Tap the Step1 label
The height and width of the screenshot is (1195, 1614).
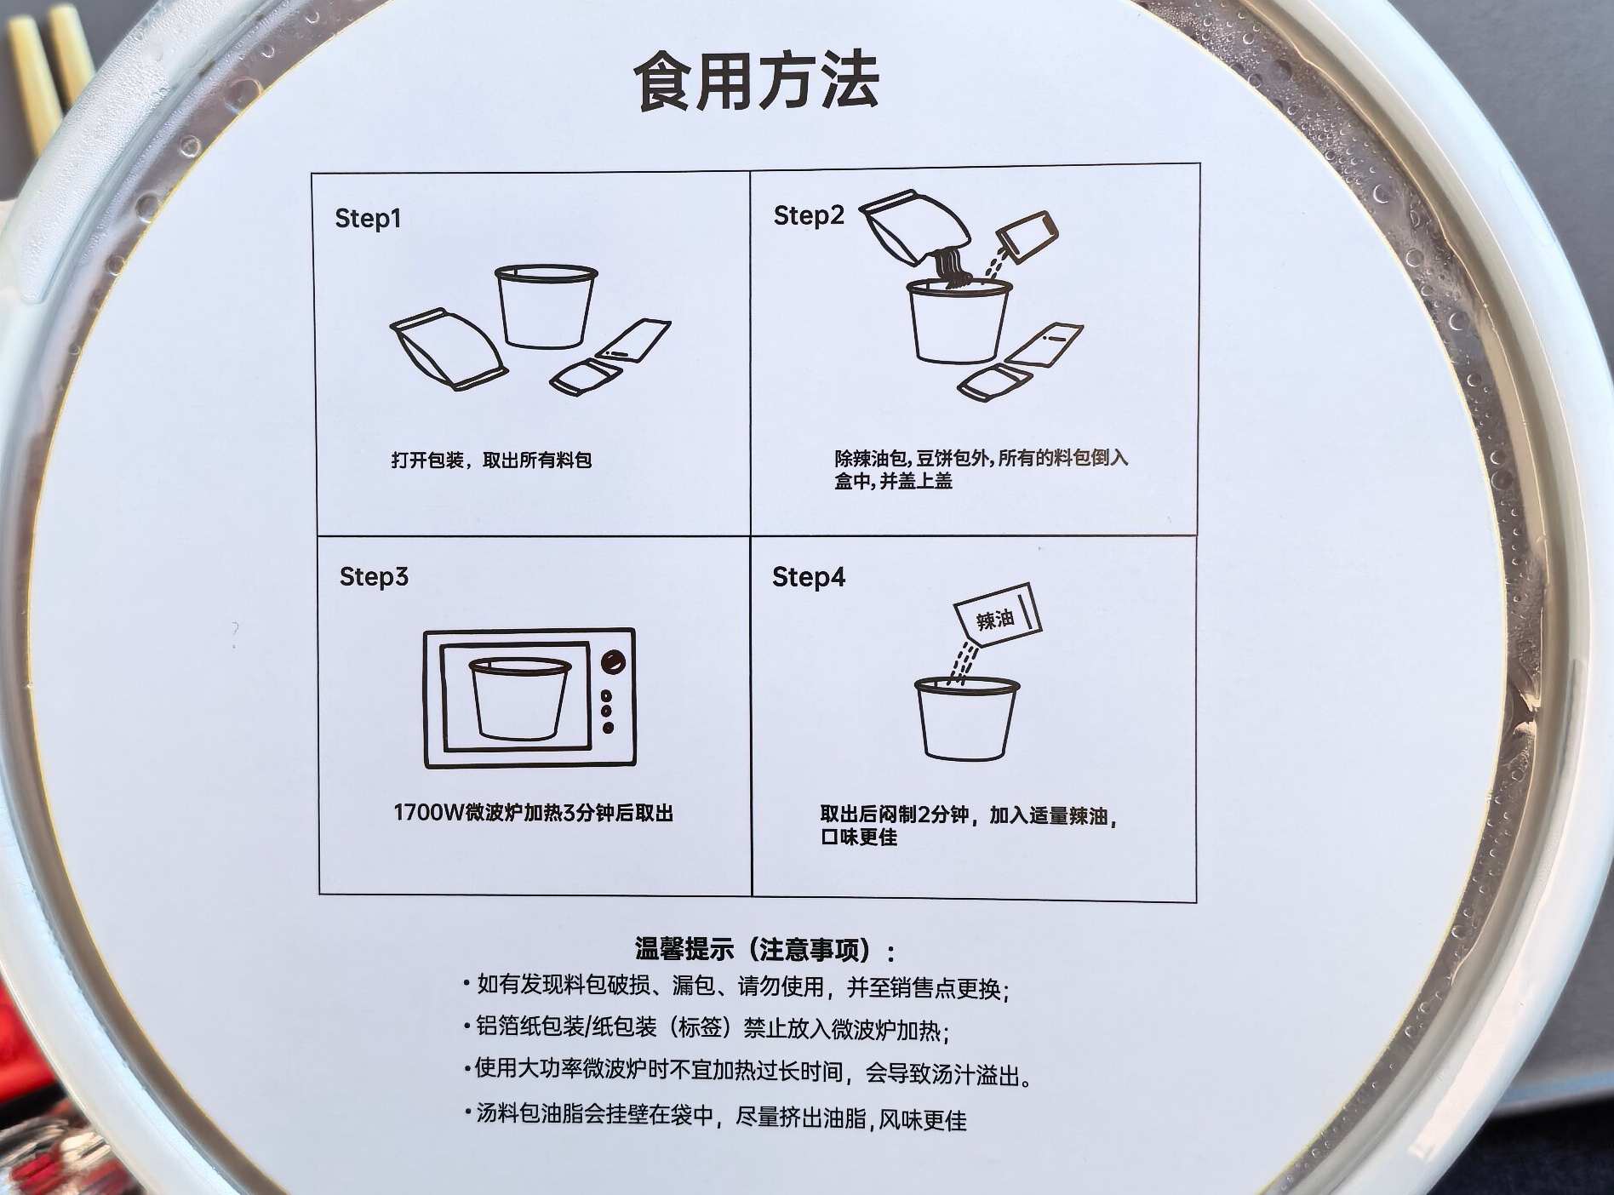click(368, 219)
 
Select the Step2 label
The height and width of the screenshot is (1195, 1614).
click(808, 216)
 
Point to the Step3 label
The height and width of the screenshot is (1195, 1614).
click(374, 577)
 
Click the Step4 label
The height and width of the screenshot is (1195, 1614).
click(809, 578)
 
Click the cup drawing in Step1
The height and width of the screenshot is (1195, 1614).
click(546, 306)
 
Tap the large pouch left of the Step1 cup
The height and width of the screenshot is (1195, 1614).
click(449, 349)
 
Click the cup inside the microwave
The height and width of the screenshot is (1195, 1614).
click(518, 698)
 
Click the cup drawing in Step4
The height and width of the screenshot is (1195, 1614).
click(966, 718)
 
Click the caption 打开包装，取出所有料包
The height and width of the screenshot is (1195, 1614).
click(491, 460)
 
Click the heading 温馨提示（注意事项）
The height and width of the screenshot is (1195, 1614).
click(764, 949)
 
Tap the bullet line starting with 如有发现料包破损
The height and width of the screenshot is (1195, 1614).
click(736, 987)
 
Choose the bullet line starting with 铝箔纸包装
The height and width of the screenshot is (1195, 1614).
click(707, 1029)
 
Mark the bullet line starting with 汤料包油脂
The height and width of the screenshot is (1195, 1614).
click(715, 1116)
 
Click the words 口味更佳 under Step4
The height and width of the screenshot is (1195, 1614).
click(858, 838)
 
